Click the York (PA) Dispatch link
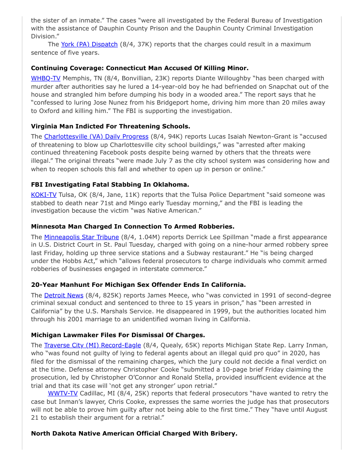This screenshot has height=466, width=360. pyautogui.click(x=89, y=44)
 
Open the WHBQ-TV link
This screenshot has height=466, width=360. pyautogui.click(x=45, y=78)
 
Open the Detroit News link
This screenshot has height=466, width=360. pyautogui.click(x=64, y=295)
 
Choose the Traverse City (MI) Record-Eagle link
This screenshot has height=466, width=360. pyautogui.click(x=93, y=345)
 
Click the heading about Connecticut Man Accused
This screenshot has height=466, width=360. pyautogui.click(x=139, y=68)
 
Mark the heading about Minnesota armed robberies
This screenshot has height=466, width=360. pyautogui.click(x=132, y=226)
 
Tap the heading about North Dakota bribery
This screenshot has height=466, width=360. pyautogui.click(x=134, y=433)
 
